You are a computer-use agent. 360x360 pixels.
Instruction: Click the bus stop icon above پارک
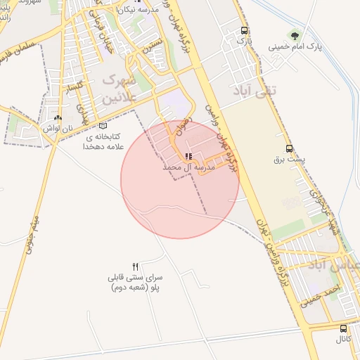pos(244,31)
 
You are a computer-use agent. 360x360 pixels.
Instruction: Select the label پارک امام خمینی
pos(295,48)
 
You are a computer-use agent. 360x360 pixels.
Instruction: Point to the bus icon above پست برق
pos(289,148)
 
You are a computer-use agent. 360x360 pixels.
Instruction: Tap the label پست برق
pos(290,160)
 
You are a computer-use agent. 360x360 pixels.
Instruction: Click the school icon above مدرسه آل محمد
pos(188,156)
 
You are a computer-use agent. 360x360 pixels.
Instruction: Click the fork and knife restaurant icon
pos(135,266)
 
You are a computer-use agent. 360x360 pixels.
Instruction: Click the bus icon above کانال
pos(343,328)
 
